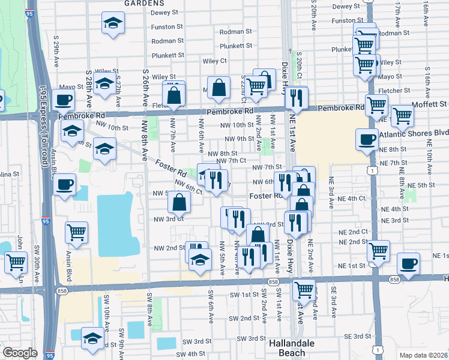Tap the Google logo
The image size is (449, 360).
[x=20, y=353]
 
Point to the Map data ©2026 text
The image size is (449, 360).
[x=423, y=355]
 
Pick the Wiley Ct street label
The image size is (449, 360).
[x=215, y=61]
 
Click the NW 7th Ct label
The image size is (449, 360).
[x=232, y=161]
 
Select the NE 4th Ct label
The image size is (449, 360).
[x=352, y=198]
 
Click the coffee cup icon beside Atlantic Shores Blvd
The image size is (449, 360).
[x=367, y=139]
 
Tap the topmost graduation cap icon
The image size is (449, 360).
[x=112, y=23]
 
